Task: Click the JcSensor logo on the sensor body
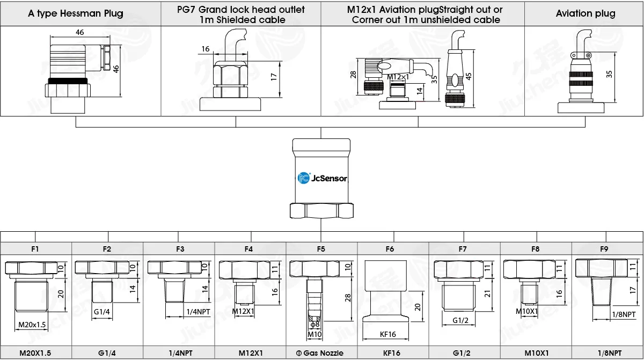322,178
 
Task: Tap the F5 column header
321,249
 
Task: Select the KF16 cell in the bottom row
391,353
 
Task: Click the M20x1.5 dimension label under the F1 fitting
32,325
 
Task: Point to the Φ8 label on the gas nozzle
315,325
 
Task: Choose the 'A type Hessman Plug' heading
75,13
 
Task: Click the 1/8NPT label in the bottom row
610,353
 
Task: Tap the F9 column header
604,249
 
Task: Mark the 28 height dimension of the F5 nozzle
348,298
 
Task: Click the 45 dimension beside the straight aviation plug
469,76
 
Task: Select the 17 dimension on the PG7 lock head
273,77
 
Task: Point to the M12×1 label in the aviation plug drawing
398,77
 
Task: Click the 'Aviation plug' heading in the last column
586,13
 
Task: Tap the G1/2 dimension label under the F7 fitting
460,320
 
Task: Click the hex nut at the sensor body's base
321,211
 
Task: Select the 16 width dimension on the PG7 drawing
205,49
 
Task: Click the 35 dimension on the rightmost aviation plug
609,74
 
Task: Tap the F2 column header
107,249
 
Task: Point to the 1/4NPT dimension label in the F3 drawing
198,312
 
